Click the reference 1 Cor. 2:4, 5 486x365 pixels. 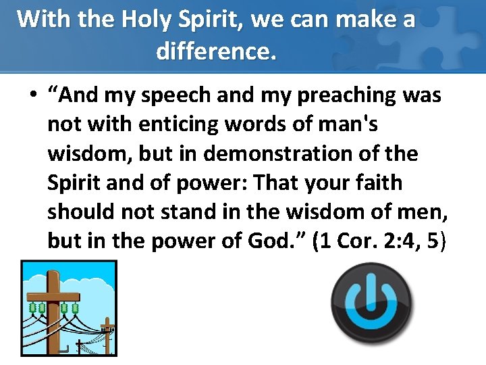pos(379,241)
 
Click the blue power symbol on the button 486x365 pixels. pos(371,301)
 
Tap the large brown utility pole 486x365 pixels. pos(53,311)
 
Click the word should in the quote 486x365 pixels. pos(81,212)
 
